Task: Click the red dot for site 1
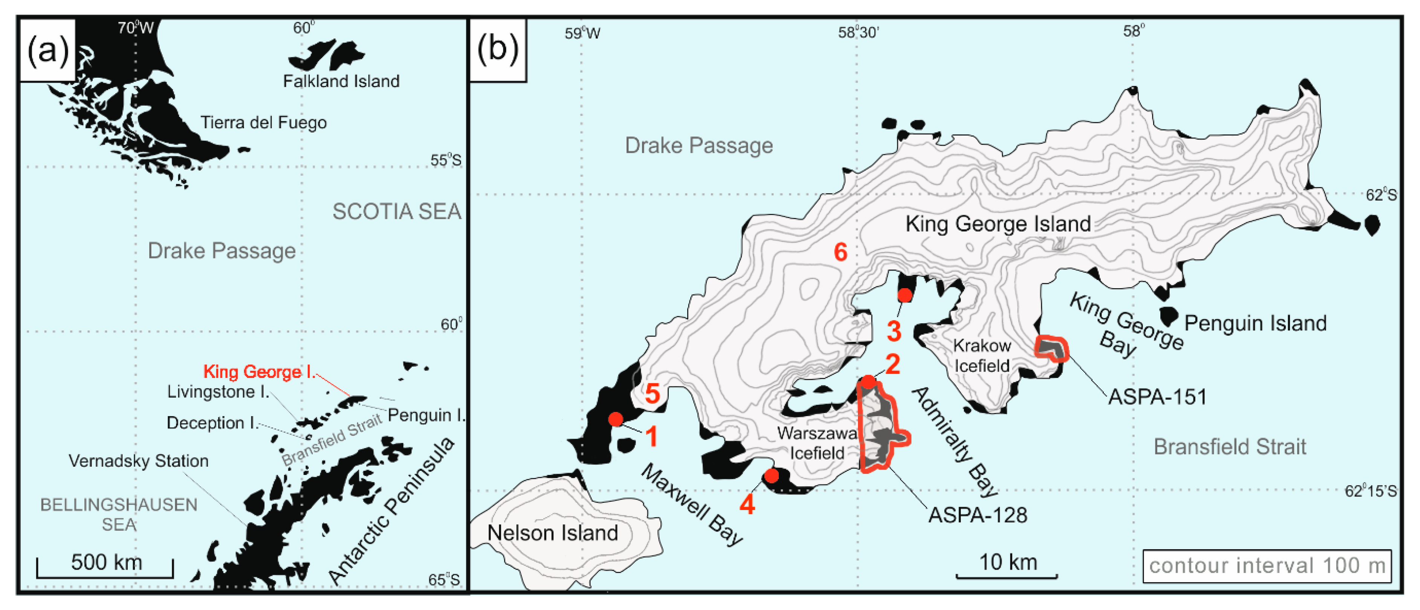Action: pyautogui.click(x=616, y=419)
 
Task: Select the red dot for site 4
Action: pyautogui.click(x=772, y=475)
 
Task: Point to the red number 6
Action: pyautogui.click(x=840, y=253)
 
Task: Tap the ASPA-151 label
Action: pyautogui.click(x=1157, y=396)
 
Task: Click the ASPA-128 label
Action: pyautogui.click(x=977, y=515)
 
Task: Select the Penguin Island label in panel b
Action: pyautogui.click(x=1255, y=323)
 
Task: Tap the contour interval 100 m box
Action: pyautogui.click(x=1267, y=566)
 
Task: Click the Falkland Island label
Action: pyautogui.click(x=341, y=81)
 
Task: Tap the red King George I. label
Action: pyautogui.click(x=259, y=372)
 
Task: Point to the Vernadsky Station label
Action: pyautogui.click(x=138, y=461)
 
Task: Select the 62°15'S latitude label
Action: pyautogui.click(x=1370, y=491)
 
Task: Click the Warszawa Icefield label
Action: pyautogui.click(x=816, y=443)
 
